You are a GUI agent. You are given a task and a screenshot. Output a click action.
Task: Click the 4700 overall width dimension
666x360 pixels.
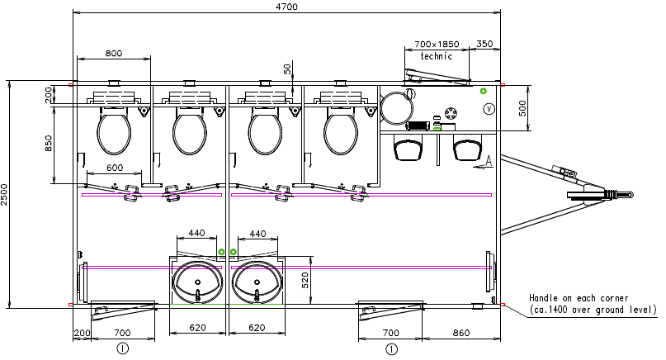286,7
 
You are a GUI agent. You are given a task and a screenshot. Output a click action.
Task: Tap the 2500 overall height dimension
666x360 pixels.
5,194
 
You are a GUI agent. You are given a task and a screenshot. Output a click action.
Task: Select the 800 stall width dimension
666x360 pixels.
114,53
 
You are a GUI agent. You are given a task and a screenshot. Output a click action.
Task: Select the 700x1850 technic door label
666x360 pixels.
437,43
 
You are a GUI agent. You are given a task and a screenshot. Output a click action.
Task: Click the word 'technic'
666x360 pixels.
437,56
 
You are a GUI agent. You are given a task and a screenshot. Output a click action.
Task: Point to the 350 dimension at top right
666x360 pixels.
484,43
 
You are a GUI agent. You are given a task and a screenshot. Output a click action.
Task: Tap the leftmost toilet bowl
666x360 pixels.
114,134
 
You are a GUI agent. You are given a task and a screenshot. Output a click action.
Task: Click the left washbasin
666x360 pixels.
198,283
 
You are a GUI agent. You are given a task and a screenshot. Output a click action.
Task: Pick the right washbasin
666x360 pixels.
257,283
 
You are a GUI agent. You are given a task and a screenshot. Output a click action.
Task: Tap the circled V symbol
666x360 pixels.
488,108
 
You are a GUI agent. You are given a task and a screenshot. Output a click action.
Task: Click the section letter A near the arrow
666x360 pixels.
489,160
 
